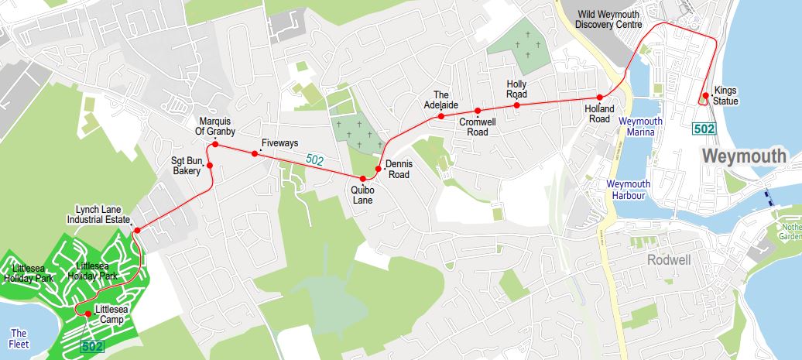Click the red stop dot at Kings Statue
coord(703,97)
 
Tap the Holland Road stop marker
coord(600,98)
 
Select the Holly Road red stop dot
coord(517,105)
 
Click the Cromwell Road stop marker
coord(478,111)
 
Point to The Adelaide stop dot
coord(440,116)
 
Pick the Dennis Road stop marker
coord(379,168)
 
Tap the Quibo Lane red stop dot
coord(363,179)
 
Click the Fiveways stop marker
coord(255,153)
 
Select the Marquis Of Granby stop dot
coord(215,145)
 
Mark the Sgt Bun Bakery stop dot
coord(210,165)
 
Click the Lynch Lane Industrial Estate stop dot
coord(137,231)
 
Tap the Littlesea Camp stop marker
coord(87,313)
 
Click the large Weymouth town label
coord(744,156)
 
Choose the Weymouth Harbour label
coord(626,190)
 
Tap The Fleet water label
coord(19,338)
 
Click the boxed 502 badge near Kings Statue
coord(704,129)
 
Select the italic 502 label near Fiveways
coord(315,159)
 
